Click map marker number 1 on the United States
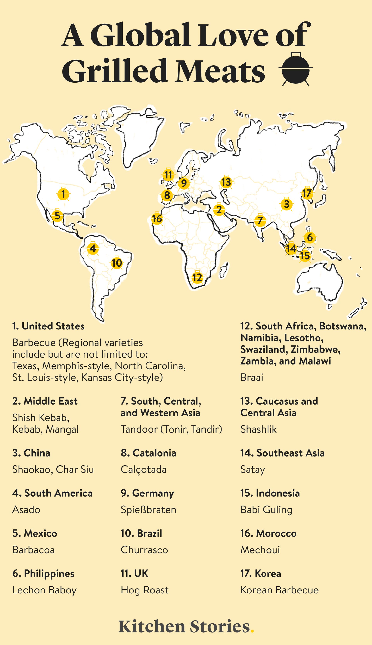pyautogui.click(x=63, y=194)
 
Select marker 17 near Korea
pyautogui.click(x=307, y=193)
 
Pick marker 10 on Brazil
pyautogui.click(x=117, y=263)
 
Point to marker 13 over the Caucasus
pyautogui.click(x=226, y=182)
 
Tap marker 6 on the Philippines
pyautogui.click(x=310, y=237)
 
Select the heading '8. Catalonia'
pyautogui.click(x=148, y=453)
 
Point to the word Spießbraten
pyautogui.click(x=148, y=510)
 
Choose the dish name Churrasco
pyautogui.click(x=144, y=550)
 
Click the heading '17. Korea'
pyautogui.click(x=261, y=574)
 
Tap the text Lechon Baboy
pyautogui.click(x=44, y=590)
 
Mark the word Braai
pyautogui.click(x=252, y=377)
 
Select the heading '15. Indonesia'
pyautogui.click(x=270, y=493)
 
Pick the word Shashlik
pyautogui.click(x=258, y=429)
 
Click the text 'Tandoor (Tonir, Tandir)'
pyautogui.click(x=171, y=429)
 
